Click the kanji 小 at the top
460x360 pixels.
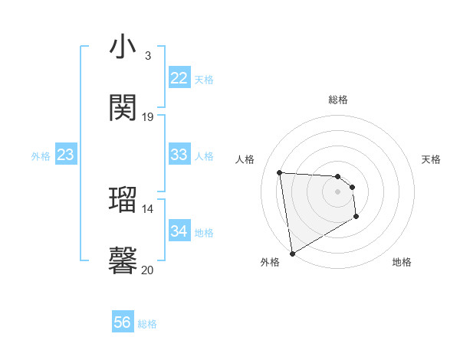[123, 47]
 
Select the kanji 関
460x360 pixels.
[123, 108]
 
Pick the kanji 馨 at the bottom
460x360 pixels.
[123, 260]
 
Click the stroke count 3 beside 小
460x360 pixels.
[147, 55]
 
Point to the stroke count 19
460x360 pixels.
[148, 116]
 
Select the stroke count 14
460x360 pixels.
[148, 208]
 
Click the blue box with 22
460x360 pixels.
[179, 78]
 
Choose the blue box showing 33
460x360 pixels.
[179, 155]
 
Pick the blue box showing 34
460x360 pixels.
[179, 231]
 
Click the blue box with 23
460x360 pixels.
[66, 155]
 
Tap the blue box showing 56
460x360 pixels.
[123, 322]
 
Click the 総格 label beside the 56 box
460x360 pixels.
[147, 324]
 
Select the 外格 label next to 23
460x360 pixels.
[41, 156]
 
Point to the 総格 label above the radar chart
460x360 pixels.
[337, 100]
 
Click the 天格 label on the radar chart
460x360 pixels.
[431, 159]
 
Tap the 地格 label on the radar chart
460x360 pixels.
[402, 262]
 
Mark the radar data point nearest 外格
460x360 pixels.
[292, 253]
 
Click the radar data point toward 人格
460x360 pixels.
[280, 172]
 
